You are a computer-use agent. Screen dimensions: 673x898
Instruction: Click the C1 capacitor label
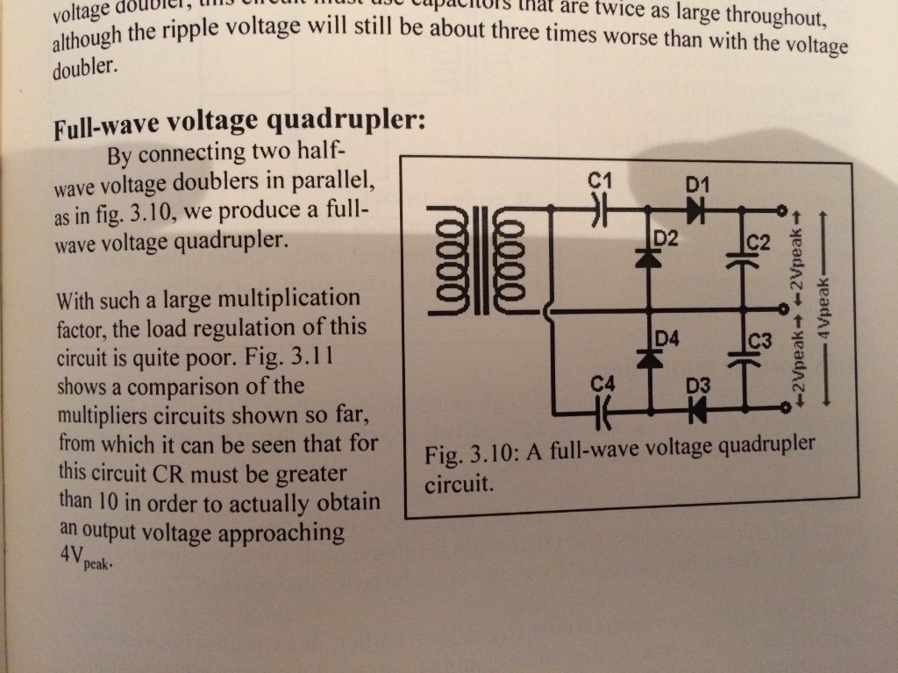pos(601,181)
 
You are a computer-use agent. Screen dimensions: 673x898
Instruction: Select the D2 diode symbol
pos(650,257)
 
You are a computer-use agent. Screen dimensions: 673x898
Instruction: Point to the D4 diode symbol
pos(650,360)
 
